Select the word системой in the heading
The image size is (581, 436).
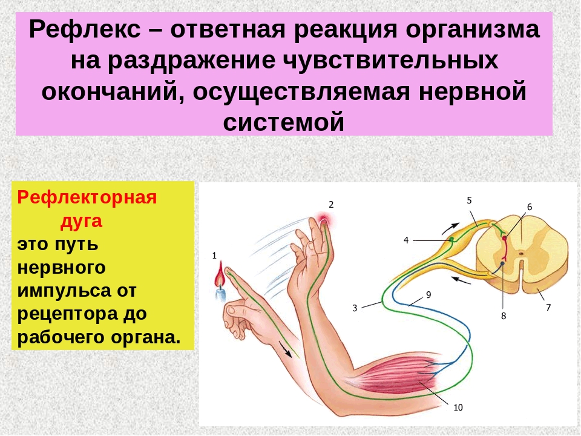coord(284,122)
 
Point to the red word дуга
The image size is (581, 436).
coord(81,221)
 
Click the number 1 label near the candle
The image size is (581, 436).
coord(214,256)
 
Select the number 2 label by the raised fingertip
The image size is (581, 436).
coord(331,204)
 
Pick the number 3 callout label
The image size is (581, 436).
coord(355,308)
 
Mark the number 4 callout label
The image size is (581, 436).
coord(406,240)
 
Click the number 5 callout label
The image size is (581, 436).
coord(469,200)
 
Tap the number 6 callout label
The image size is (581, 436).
coord(530,207)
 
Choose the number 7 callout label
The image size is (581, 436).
coord(548,307)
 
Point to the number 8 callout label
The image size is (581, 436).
coord(503,316)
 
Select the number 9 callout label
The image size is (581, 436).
coord(428,295)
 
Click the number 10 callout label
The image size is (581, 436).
coord(458,408)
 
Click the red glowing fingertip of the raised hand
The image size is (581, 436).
coord(324,222)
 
